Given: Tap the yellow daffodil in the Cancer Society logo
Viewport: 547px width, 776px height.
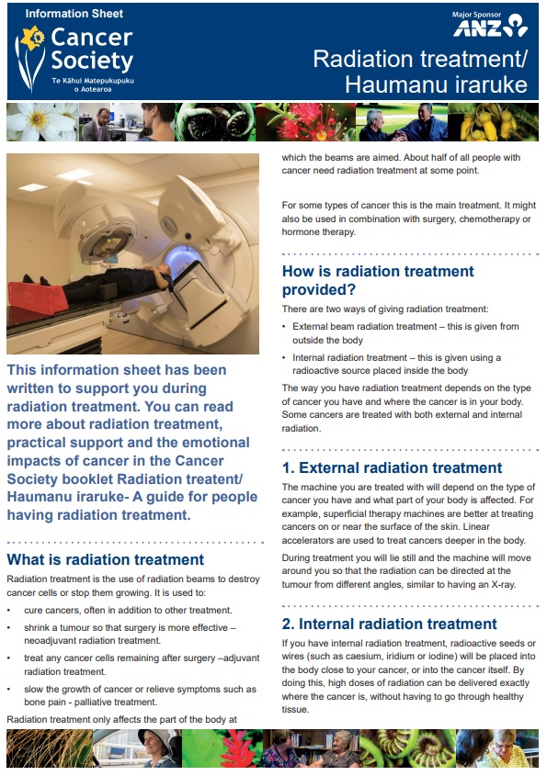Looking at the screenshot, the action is (33, 39).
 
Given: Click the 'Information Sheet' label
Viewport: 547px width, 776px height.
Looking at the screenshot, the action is (74, 14).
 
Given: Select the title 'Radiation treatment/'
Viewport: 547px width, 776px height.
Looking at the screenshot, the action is (420, 60).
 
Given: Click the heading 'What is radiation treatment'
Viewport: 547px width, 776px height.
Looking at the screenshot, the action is (105, 559).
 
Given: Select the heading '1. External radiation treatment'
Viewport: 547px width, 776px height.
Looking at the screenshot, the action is (392, 467).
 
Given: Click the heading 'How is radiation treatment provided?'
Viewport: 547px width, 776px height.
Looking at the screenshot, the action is (377, 281).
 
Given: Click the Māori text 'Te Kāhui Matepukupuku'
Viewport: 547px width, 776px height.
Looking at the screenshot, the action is (92, 81).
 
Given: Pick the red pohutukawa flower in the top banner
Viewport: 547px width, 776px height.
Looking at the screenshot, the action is (300, 122).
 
